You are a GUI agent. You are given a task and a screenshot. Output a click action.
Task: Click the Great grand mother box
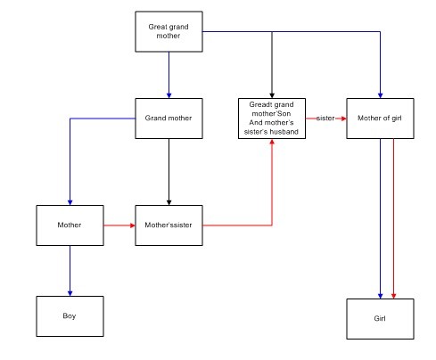[x=169, y=31]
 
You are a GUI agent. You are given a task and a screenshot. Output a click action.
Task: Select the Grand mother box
[x=169, y=119]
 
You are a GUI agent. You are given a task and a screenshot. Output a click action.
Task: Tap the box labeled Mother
[x=70, y=225]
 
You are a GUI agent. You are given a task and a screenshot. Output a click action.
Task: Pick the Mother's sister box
[x=169, y=225]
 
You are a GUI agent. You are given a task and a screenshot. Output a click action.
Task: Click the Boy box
[x=70, y=316]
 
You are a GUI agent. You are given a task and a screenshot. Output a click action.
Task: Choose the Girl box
[x=380, y=319]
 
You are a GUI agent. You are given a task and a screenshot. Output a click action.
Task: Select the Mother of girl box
[x=380, y=119]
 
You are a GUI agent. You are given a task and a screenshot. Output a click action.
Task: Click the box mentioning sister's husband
[x=272, y=119]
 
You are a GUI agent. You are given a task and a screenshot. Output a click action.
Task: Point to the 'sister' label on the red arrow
[x=325, y=119]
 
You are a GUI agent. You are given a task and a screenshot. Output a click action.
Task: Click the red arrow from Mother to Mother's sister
[x=119, y=225]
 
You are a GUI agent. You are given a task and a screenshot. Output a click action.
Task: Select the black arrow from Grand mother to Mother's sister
[x=169, y=172]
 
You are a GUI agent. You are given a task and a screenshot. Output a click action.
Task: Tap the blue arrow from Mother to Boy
[x=70, y=271]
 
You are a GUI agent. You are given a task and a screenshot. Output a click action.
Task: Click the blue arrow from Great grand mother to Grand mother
[x=169, y=75]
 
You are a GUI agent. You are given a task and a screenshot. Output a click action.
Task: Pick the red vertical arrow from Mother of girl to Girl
[x=393, y=218]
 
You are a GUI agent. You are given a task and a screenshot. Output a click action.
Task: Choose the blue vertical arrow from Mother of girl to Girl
[x=380, y=218]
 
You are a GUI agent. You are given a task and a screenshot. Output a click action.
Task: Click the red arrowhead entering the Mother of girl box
[x=343, y=119]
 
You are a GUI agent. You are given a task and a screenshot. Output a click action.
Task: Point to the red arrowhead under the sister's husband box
[x=272, y=142]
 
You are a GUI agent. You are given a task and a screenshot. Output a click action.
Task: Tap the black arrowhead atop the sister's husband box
[x=272, y=95]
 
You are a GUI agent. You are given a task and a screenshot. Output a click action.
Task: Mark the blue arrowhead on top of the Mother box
[x=70, y=202]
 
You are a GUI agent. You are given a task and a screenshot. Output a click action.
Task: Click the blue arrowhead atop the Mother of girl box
[x=380, y=95]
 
